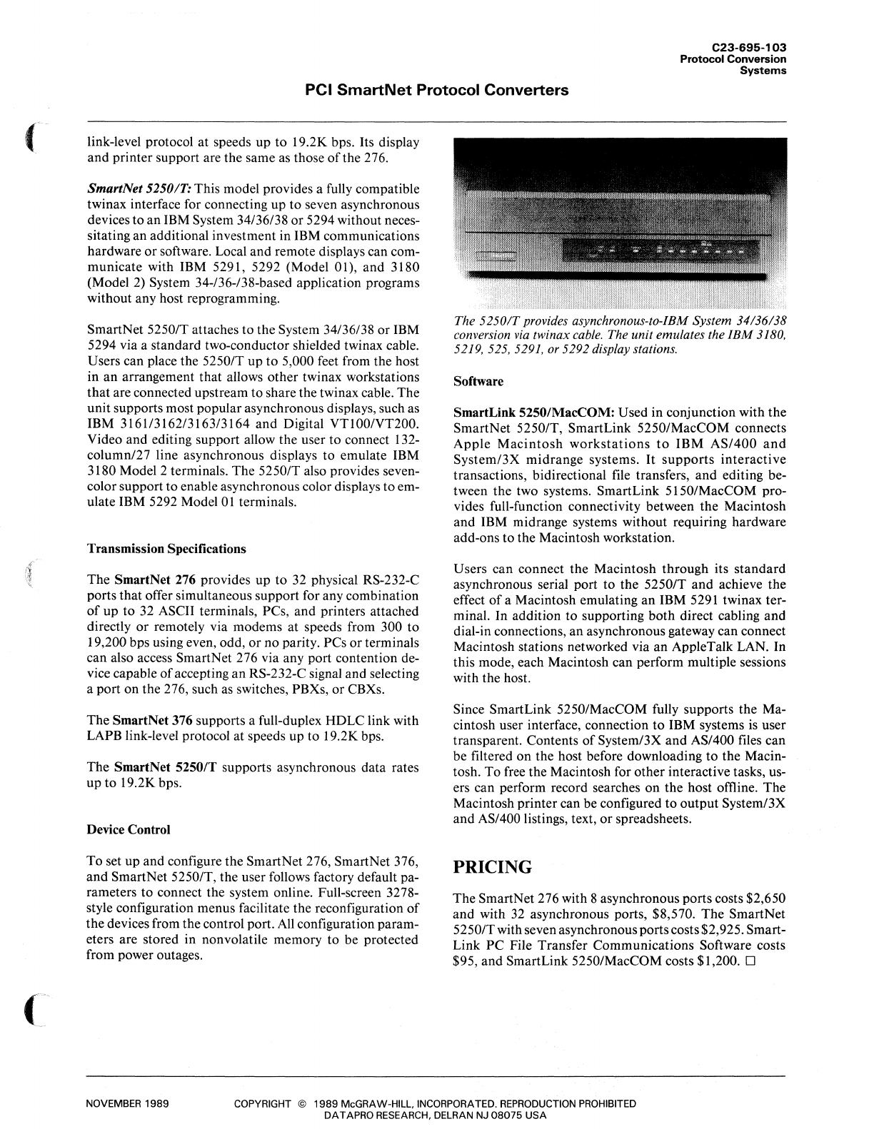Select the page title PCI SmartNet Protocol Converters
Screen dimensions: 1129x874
click(x=436, y=91)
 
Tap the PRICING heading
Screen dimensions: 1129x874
click(x=493, y=867)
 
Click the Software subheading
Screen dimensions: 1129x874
click(x=478, y=381)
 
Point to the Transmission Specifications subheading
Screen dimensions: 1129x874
click(x=166, y=549)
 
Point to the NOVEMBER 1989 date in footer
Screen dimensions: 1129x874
click(x=127, y=1103)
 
